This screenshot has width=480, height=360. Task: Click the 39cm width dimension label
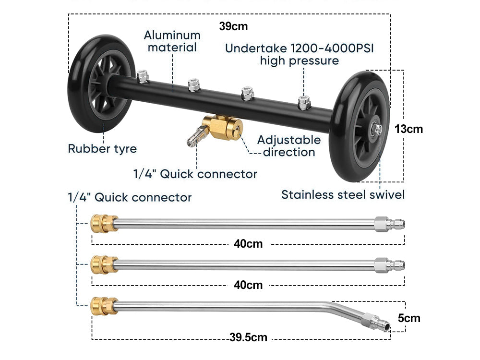(x=233, y=26)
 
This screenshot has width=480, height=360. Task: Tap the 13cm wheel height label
(x=409, y=129)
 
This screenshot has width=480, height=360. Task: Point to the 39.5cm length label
(x=248, y=337)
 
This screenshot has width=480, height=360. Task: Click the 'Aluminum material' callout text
(x=172, y=41)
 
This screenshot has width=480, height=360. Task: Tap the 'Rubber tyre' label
(x=102, y=148)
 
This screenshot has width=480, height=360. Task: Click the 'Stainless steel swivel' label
(x=343, y=194)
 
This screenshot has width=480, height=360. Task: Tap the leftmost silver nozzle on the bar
(x=143, y=77)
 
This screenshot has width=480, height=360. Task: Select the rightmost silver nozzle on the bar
(x=303, y=102)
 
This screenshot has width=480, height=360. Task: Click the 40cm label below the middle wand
(x=248, y=285)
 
